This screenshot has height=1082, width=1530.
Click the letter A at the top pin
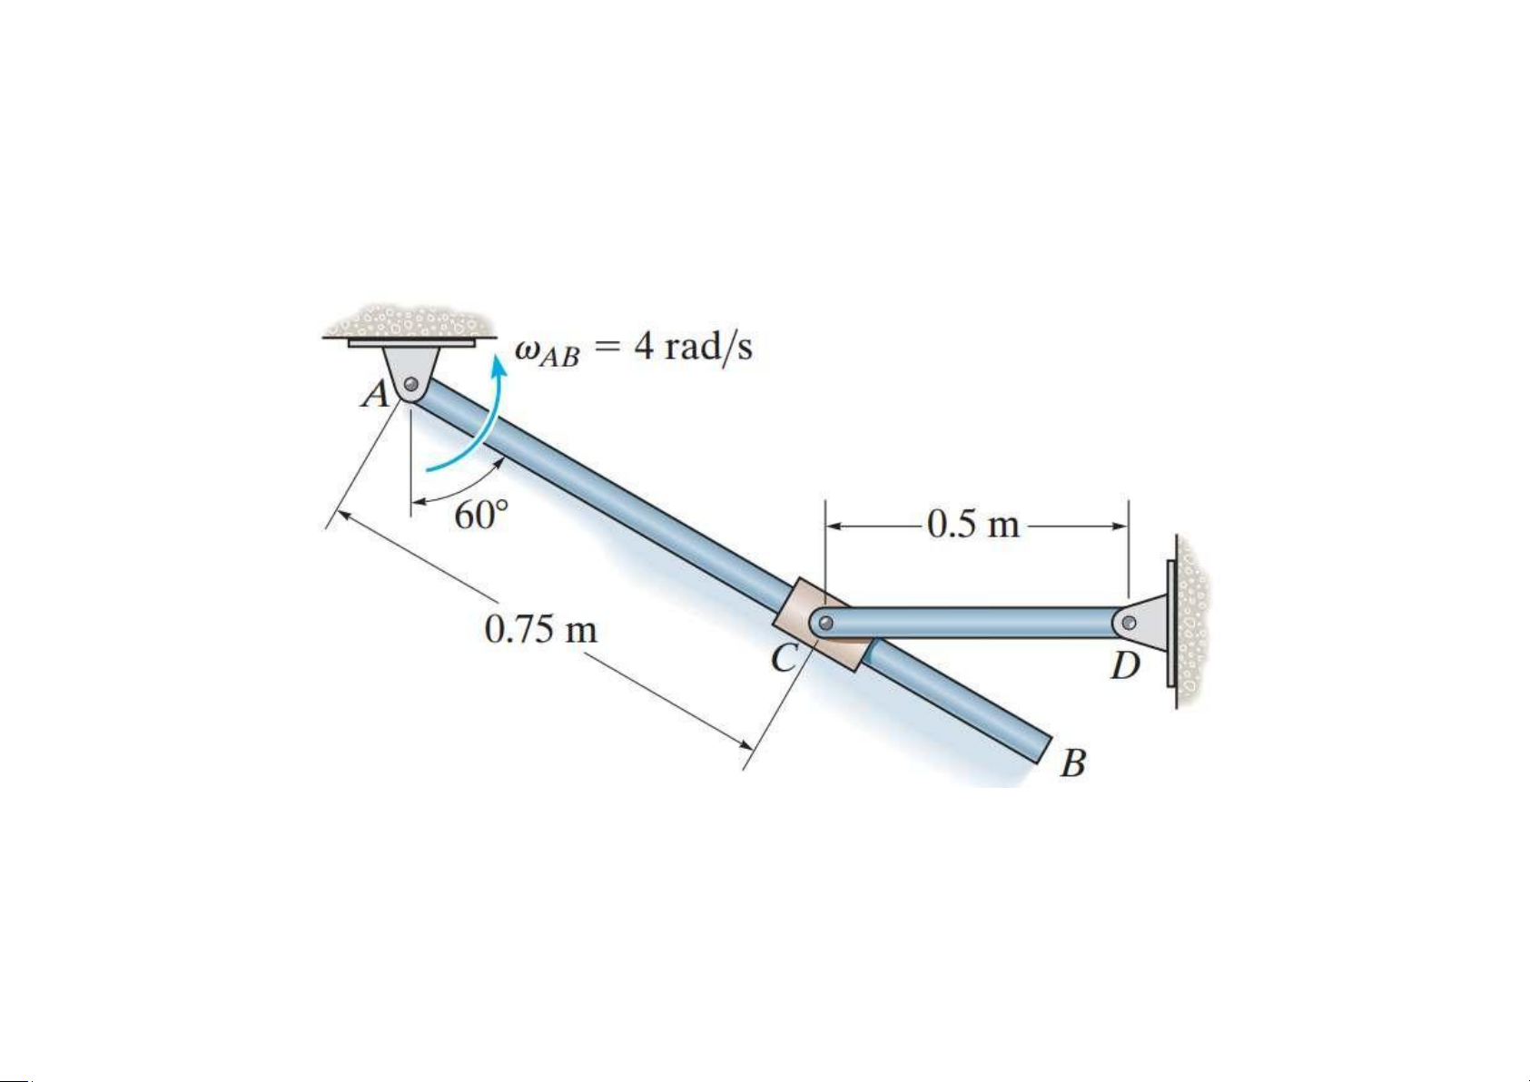click(x=374, y=394)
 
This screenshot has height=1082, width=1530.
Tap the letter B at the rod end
click(x=1074, y=763)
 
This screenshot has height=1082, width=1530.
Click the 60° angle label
click(x=481, y=516)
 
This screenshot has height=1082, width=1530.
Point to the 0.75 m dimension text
click(x=540, y=629)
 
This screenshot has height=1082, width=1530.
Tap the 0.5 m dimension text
click(x=973, y=525)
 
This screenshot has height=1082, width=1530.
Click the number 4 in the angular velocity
click(x=644, y=347)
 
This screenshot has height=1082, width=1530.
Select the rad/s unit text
click(x=709, y=348)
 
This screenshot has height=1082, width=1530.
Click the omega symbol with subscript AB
click(x=548, y=352)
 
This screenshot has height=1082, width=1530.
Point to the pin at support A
click(x=411, y=384)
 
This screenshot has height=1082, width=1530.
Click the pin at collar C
click(x=825, y=624)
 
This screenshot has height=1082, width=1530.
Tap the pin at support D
click(x=1129, y=623)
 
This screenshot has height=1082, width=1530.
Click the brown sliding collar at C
click(x=823, y=625)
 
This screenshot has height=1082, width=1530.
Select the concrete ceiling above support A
click(x=408, y=320)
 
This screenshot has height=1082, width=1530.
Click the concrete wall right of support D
click(x=1192, y=620)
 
